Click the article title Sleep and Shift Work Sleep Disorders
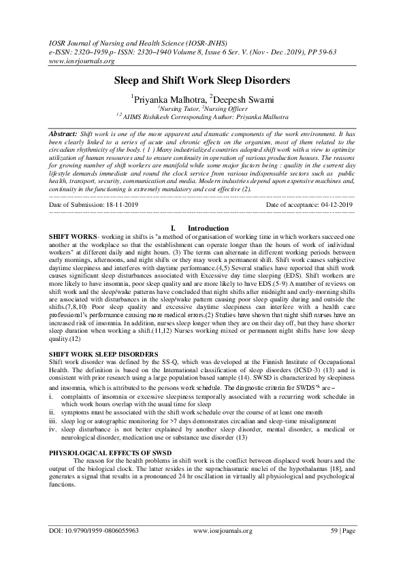(x=202, y=80)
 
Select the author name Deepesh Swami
(x=231, y=97)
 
